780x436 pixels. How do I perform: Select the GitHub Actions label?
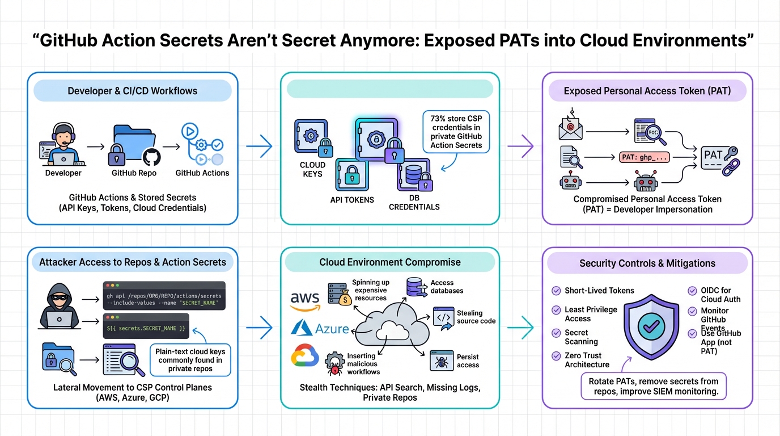202,173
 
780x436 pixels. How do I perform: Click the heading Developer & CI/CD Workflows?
133,91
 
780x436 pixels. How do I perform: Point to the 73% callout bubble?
456,132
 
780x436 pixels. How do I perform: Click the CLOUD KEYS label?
313,170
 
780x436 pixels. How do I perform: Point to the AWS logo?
305,301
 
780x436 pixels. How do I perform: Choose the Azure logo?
320,328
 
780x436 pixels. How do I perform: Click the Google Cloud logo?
305,356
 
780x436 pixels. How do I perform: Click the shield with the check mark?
651,325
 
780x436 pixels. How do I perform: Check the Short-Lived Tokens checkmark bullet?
556,291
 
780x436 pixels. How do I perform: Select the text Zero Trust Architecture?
587,360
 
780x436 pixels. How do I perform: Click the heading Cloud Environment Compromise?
390,262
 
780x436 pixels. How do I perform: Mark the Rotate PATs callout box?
653,387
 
